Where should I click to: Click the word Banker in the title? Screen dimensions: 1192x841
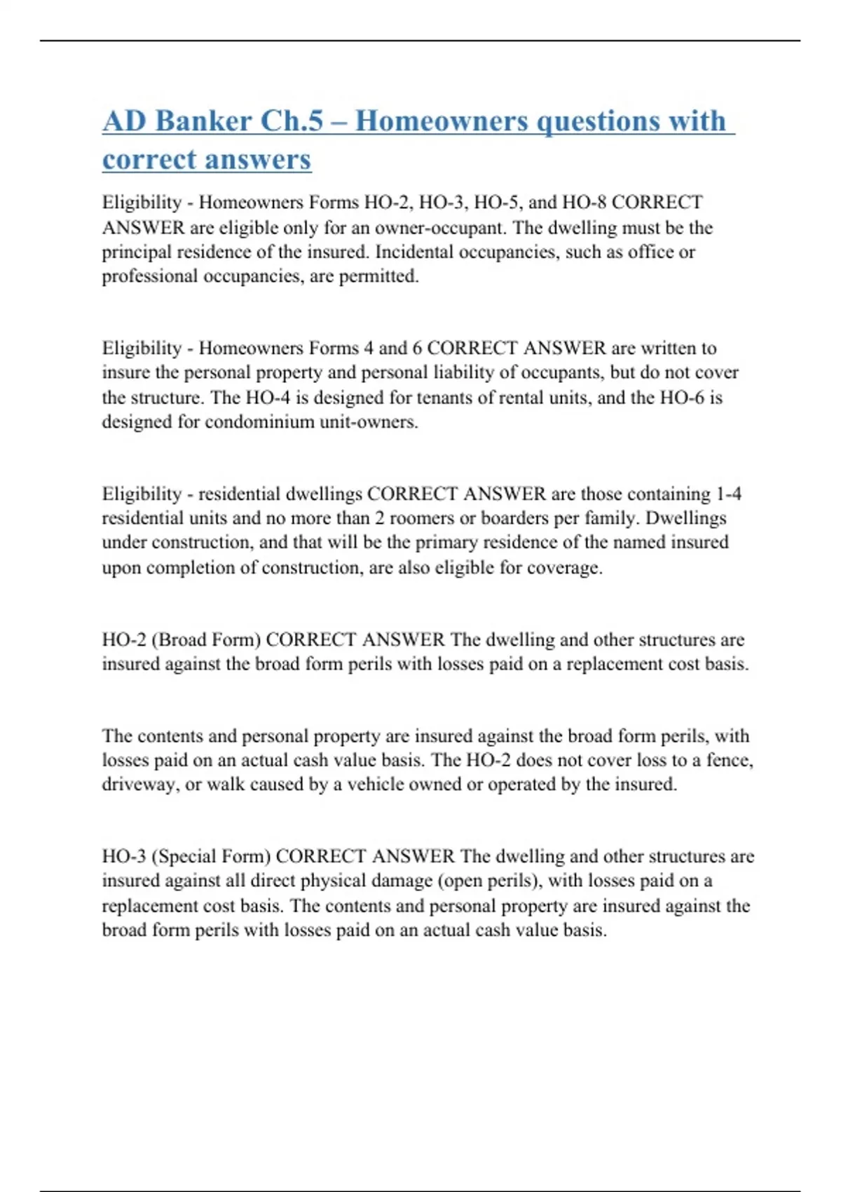click(x=203, y=121)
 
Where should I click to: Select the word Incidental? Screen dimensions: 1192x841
click(x=414, y=252)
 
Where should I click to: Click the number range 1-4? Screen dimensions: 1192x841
click(x=728, y=494)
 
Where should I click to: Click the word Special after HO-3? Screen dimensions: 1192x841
click(x=186, y=857)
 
